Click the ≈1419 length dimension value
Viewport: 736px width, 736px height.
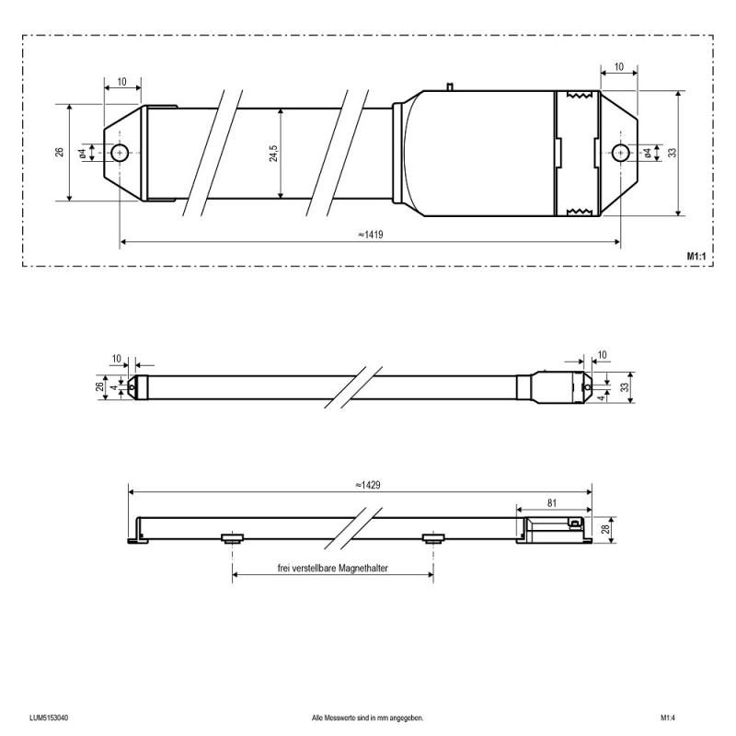point(370,235)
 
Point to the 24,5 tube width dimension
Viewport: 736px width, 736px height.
point(273,153)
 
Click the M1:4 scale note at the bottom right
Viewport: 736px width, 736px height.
point(668,718)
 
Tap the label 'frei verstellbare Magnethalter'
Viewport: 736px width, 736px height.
point(332,569)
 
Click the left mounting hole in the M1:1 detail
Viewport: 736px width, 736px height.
point(120,153)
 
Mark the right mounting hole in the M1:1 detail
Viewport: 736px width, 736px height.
point(621,153)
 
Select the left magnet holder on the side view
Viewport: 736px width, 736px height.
point(232,537)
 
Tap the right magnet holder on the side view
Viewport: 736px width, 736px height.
point(432,537)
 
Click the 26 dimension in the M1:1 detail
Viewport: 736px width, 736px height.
point(60,153)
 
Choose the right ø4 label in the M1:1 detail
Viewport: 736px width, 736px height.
point(649,153)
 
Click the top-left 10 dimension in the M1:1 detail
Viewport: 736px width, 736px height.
point(122,82)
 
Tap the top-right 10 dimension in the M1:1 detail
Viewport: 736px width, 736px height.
point(618,67)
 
